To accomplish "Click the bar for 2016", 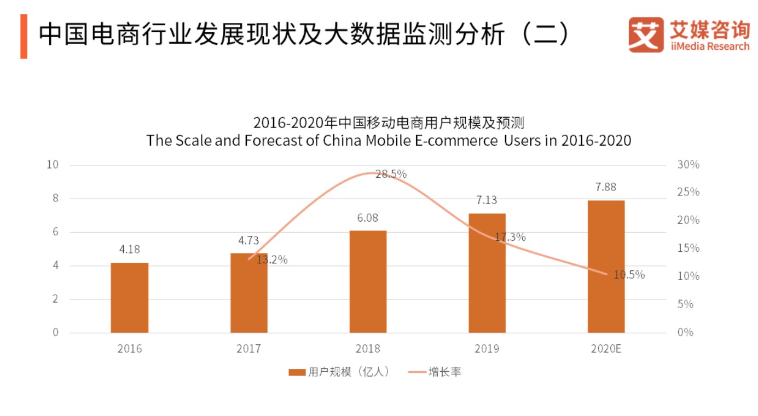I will pyautogui.click(x=129, y=298).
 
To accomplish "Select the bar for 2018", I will pyautogui.click(x=368, y=281).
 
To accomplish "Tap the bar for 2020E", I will pyautogui.click(x=606, y=267).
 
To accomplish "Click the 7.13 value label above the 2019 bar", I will pyautogui.click(x=487, y=200).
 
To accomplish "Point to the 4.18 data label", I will pyautogui.click(x=130, y=249).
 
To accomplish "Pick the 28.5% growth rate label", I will pyautogui.click(x=391, y=174).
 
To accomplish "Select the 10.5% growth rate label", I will pyautogui.click(x=629, y=275).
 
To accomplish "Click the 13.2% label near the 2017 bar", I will pyautogui.click(x=272, y=260).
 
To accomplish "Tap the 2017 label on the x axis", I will pyautogui.click(x=248, y=349).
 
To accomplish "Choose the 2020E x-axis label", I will pyautogui.click(x=606, y=349).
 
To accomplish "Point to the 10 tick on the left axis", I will pyautogui.click(x=53, y=165).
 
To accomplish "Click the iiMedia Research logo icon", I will pyautogui.click(x=645, y=34).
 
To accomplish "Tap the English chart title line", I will pyautogui.click(x=389, y=141).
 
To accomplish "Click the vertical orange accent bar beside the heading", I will pyautogui.click(x=24, y=36).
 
